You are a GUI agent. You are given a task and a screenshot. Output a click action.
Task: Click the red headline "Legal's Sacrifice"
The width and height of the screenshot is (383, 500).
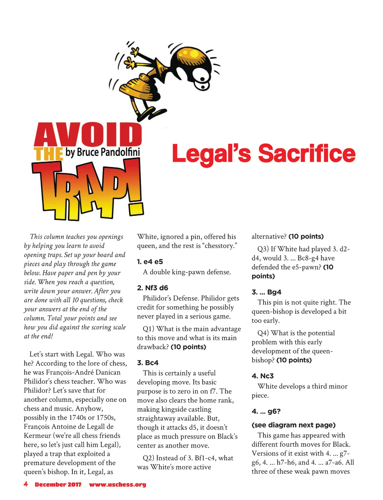click(263, 153)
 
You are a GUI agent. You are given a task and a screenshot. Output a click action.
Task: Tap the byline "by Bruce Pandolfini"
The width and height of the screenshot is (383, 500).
click(102, 152)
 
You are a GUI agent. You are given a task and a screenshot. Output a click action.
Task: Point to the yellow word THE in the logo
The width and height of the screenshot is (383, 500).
click(49, 154)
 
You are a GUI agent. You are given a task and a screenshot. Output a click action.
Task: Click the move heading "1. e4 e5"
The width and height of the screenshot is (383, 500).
click(150, 262)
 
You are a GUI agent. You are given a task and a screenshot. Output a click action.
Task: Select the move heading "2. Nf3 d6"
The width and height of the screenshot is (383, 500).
click(152, 288)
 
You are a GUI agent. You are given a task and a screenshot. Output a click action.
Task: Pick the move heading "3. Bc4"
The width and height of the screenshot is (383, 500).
click(147, 363)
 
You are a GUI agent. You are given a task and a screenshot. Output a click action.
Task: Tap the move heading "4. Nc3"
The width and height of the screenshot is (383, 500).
click(262, 376)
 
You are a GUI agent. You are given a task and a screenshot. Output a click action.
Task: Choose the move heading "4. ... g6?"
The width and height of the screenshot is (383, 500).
click(266, 411)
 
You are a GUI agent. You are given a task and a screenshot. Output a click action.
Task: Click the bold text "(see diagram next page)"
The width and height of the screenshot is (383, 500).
click(293, 425)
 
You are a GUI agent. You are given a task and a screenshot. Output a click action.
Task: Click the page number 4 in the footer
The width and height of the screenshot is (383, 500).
click(26, 484)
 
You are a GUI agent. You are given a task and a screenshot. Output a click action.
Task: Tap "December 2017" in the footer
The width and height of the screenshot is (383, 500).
click(58, 485)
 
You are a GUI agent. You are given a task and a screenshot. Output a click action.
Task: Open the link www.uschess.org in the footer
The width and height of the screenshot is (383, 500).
click(117, 485)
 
